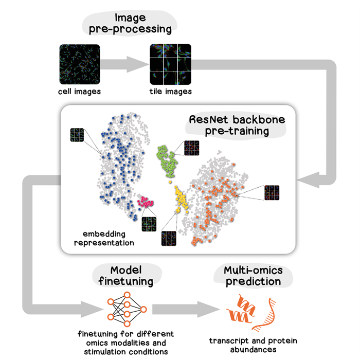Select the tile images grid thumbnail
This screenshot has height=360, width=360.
(x=169, y=64)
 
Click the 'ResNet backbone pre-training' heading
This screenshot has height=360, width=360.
(x=229, y=124)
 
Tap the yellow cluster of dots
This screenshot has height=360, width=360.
(x=181, y=200)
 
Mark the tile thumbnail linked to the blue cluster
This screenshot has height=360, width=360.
(x=77, y=137)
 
